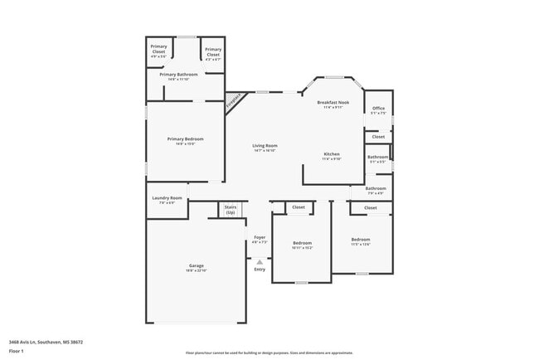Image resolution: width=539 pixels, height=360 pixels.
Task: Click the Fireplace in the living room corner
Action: [236, 102]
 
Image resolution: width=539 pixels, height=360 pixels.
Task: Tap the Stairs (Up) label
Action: [230, 211]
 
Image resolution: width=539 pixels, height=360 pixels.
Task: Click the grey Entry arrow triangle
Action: [260, 261]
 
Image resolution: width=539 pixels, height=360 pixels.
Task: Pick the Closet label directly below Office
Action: [378, 137]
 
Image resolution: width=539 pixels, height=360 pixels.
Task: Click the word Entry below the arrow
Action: [260, 270]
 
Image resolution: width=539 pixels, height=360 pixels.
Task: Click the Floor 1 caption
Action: [17, 351]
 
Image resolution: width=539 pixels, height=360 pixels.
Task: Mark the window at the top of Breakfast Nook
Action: [334, 78]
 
